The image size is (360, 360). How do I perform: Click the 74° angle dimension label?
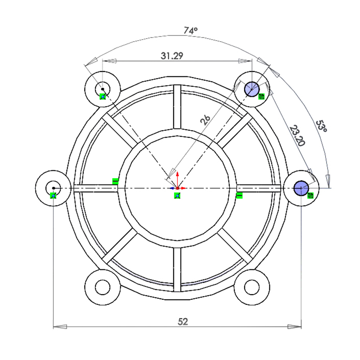(190, 30)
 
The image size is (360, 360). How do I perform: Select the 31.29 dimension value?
(172, 56)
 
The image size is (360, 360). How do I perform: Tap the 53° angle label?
(321, 126)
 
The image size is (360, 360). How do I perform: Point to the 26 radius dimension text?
(205, 120)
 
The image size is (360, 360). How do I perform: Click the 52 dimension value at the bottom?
(183, 322)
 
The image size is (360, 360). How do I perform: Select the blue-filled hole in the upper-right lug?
(252, 89)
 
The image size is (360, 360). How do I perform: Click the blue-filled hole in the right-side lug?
(301, 188)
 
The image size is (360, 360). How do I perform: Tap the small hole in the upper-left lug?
(103, 89)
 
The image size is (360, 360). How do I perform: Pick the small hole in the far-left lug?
(53, 188)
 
